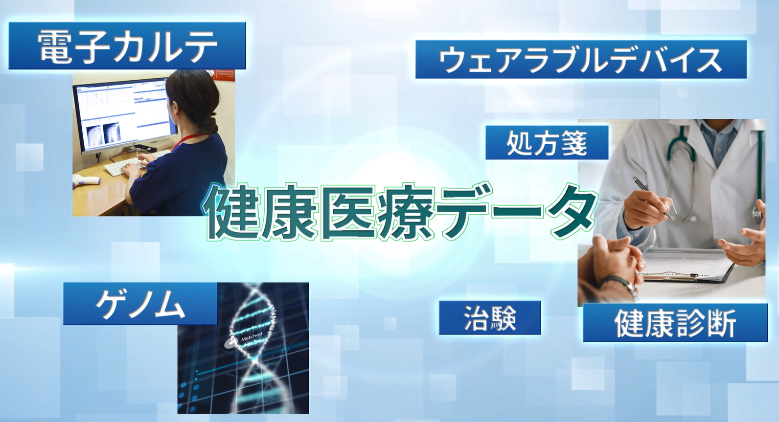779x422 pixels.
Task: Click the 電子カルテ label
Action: [x=127, y=46]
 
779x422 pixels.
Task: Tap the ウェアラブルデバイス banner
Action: [x=580, y=59]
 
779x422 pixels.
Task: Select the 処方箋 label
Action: [x=546, y=142]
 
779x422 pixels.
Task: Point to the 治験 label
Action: [x=489, y=318]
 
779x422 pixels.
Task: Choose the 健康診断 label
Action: [x=675, y=323]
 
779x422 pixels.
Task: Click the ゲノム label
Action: [x=140, y=304]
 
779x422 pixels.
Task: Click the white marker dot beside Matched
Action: [x=229, y=344]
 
